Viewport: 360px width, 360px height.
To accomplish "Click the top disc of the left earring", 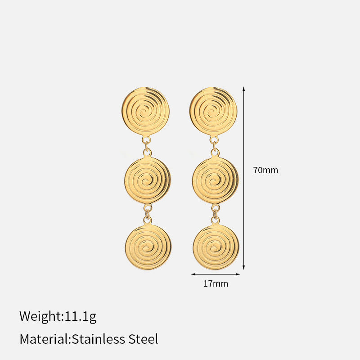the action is [145, 111].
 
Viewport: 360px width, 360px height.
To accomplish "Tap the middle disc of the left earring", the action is [148, 180].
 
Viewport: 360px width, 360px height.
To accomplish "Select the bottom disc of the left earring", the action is [148, 247].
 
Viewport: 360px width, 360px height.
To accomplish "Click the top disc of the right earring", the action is [213, 111].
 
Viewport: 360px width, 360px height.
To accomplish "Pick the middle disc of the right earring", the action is [216, 180].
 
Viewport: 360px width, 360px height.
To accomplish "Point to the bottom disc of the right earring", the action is [216, 247].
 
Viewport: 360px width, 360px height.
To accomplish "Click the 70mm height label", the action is [265, 170].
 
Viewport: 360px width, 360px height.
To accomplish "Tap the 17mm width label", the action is [216, 283].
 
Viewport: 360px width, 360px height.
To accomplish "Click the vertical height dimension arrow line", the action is [243, 178].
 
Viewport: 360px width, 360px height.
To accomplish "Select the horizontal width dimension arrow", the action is [216, 274].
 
